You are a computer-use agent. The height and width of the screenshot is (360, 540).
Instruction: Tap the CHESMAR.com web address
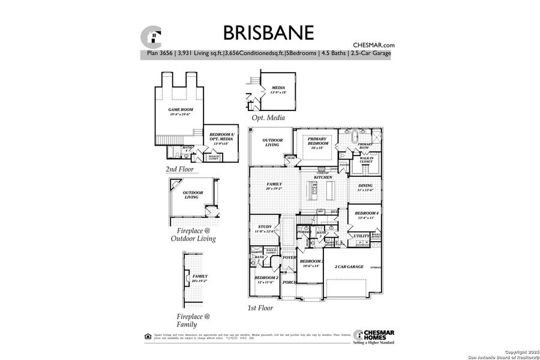pyautogui.click(x=373, y=45)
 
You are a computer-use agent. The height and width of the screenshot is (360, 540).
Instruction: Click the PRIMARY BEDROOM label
pyautogui.click(x=319, y=142)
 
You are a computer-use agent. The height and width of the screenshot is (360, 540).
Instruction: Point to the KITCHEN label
pyautogui.click(x=323, y=178)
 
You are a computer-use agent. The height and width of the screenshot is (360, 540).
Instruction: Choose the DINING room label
pyautogui.click(x=365, y=188)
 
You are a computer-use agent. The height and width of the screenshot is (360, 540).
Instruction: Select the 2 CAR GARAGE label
pyautogui.click(x=349, y=266)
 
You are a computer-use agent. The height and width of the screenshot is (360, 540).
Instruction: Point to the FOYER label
pyautogui.click(x=290, y=258)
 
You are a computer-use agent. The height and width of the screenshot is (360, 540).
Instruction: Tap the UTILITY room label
pyautogui.click(x=362, y=236)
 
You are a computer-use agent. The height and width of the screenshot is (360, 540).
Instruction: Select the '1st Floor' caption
pyautogui.click(x=260, y=308)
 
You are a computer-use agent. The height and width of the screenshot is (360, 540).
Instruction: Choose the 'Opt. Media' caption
pyautogui.click(x=272, y=119)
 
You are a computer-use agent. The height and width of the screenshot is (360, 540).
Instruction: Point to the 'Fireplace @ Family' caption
pyautogui.click(x=190, y=320)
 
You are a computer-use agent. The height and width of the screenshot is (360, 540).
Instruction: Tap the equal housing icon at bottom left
pyautogui.click(x=148, y=335)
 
